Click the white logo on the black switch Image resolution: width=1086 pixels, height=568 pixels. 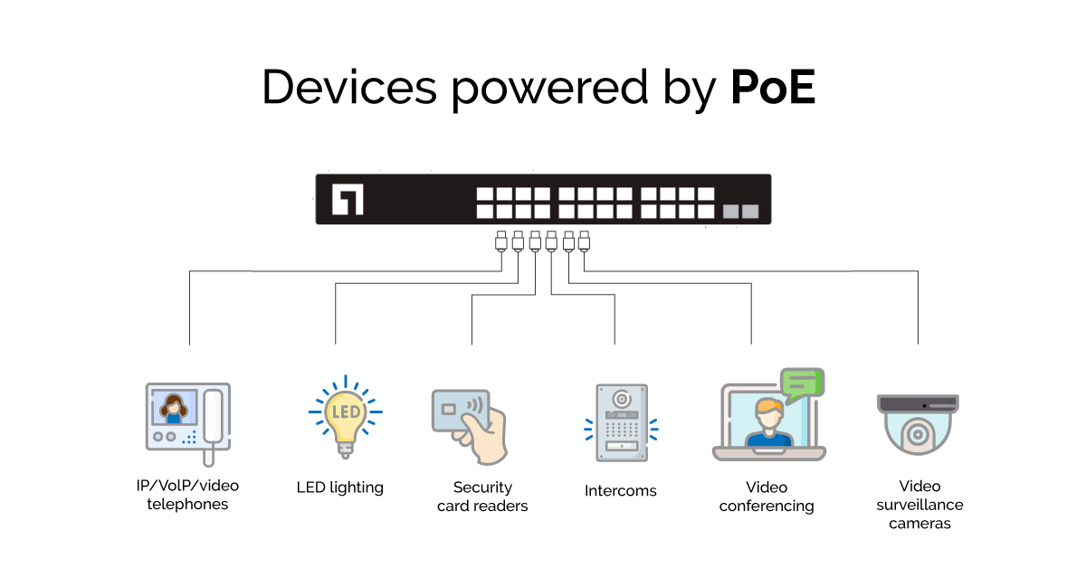[348, 200]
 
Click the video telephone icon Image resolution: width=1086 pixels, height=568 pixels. [188, 417]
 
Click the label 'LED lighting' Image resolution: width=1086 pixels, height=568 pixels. [340, 488]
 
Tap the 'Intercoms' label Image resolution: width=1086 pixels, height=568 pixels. [621, 491]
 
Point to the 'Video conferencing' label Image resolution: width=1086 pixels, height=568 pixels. [767, 497]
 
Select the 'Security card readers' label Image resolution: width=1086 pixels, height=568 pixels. [482, 497]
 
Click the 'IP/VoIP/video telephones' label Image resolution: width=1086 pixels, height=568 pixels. [187, 495]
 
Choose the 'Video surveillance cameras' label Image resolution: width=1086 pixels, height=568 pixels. [919, 505]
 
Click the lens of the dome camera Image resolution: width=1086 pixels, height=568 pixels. [918, 435]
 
